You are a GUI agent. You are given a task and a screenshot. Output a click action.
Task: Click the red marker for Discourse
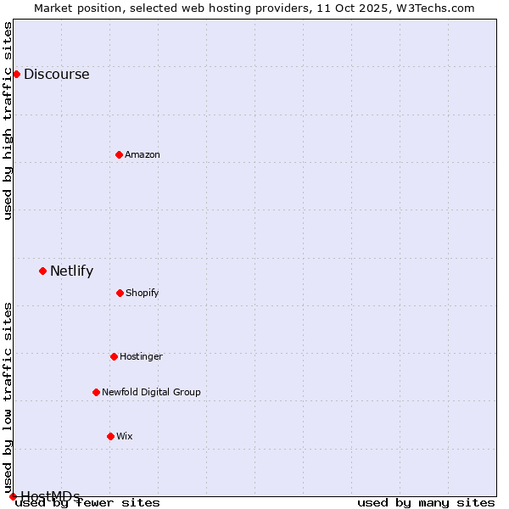16,74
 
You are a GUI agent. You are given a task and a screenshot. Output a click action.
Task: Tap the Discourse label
56,74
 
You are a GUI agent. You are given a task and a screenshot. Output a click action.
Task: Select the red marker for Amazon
119,154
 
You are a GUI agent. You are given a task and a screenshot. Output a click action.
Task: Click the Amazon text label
142,154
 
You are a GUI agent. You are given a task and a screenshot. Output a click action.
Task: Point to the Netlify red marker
42,271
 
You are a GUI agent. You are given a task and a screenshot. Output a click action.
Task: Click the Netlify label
71,271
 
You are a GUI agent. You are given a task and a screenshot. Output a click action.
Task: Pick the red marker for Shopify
120,293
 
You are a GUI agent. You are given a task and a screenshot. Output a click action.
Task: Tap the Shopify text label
142,294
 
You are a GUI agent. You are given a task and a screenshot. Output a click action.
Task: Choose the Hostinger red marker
114,356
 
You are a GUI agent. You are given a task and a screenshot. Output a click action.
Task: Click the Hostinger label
141,356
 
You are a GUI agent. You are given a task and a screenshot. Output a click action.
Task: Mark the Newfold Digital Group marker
96,392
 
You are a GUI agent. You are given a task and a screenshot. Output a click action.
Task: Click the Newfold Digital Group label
151,392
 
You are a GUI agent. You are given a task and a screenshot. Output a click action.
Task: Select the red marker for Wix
110,436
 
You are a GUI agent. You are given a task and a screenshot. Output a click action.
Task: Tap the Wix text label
125,436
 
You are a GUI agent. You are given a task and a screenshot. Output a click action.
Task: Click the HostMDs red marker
13,496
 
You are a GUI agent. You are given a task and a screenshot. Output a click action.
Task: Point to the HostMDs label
50,496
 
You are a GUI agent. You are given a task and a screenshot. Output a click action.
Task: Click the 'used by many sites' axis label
426,503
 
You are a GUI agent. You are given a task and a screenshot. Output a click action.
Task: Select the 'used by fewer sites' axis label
88,503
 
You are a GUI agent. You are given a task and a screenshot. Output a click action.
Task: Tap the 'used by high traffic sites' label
8,120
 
